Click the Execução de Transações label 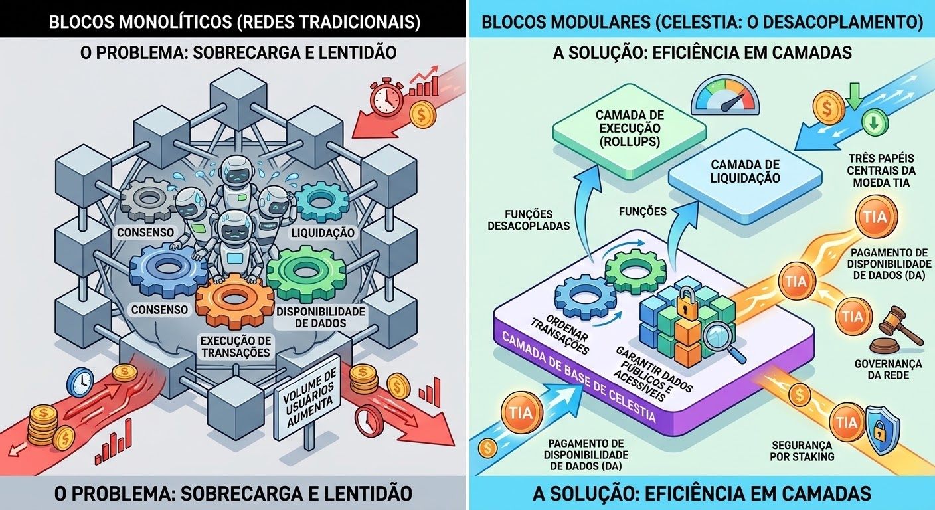pos(236,347)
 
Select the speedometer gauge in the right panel pos(725,95)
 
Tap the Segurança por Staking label pos(802,451)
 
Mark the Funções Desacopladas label pos(529,220)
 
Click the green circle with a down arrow pos(875,122)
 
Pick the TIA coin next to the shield pos(847,422)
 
